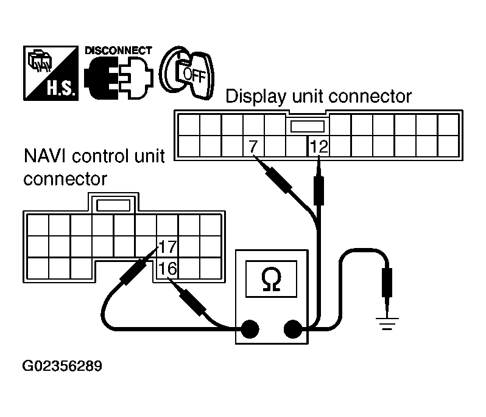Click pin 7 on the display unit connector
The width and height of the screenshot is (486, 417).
click(253, 146)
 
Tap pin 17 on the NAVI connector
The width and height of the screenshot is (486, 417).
click(167, 247)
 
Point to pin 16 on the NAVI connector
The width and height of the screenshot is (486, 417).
click(167, 267)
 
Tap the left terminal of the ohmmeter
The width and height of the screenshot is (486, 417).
click(249, 329)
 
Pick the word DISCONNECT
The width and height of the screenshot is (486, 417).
click(118, 50)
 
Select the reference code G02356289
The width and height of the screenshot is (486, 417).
click(62, 367)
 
